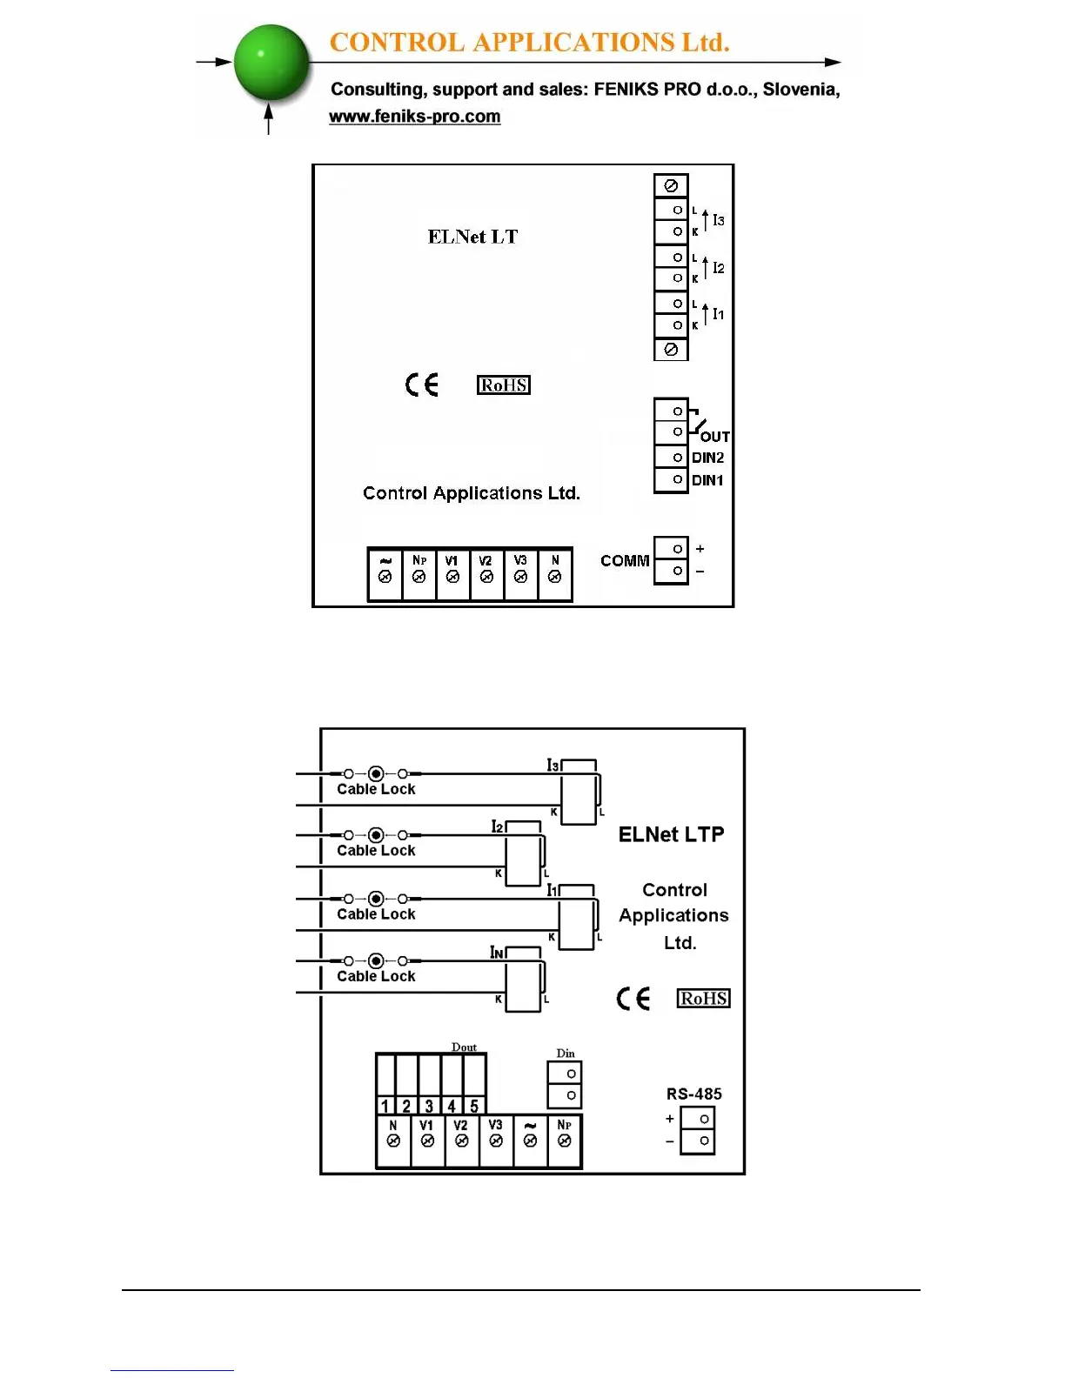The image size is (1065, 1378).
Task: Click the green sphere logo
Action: pos(271,62)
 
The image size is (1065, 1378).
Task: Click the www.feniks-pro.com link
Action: pos(414,117)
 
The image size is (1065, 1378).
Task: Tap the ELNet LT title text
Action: pos(472,237)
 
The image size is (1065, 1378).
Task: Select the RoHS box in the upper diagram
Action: pos(504,385)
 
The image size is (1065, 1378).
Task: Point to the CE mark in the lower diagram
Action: pos(633,998)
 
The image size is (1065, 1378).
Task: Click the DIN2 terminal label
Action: pos(707,458)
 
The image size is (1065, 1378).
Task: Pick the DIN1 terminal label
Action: pos(707,480)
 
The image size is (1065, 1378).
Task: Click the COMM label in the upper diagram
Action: pos(625,561)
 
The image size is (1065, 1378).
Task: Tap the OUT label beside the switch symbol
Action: pos(714,437)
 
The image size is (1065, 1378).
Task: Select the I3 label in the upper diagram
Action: pos(718,221)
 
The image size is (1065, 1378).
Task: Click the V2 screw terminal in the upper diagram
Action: pos(486,576)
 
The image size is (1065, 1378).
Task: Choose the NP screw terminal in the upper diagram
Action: pos(419,576)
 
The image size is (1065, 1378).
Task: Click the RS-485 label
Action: pos(693,1094)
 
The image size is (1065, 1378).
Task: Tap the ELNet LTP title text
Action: pos(671,835)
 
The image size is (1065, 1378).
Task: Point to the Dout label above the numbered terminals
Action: pos(464,1047)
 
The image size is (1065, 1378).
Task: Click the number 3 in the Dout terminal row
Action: pos(429,1106)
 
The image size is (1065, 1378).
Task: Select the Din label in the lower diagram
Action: pos(566,1054)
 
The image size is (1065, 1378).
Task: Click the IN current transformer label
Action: pos(497,953)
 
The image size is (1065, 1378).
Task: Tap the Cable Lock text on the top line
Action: pos(376,789)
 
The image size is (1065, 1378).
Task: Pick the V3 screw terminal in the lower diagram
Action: pos(496,1140)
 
